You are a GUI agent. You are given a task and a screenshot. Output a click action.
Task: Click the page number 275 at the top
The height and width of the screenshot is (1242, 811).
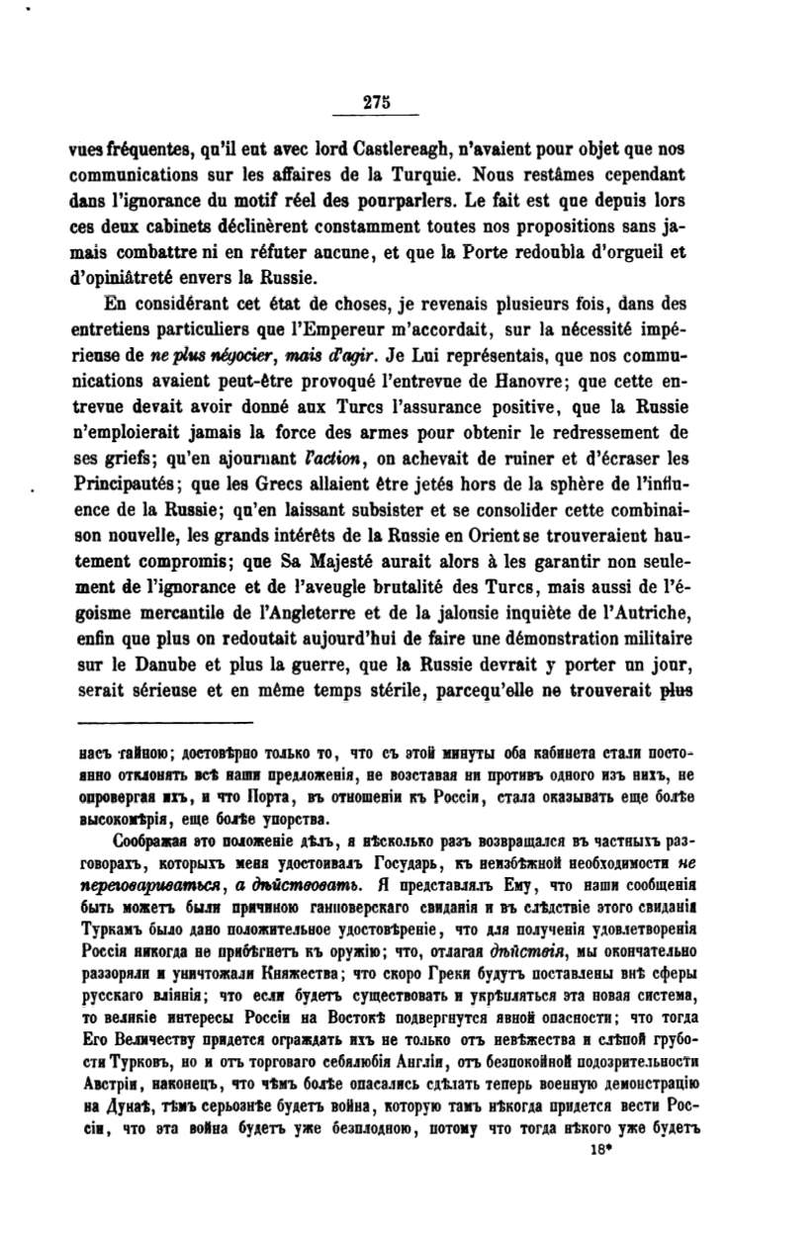(378, 101)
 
